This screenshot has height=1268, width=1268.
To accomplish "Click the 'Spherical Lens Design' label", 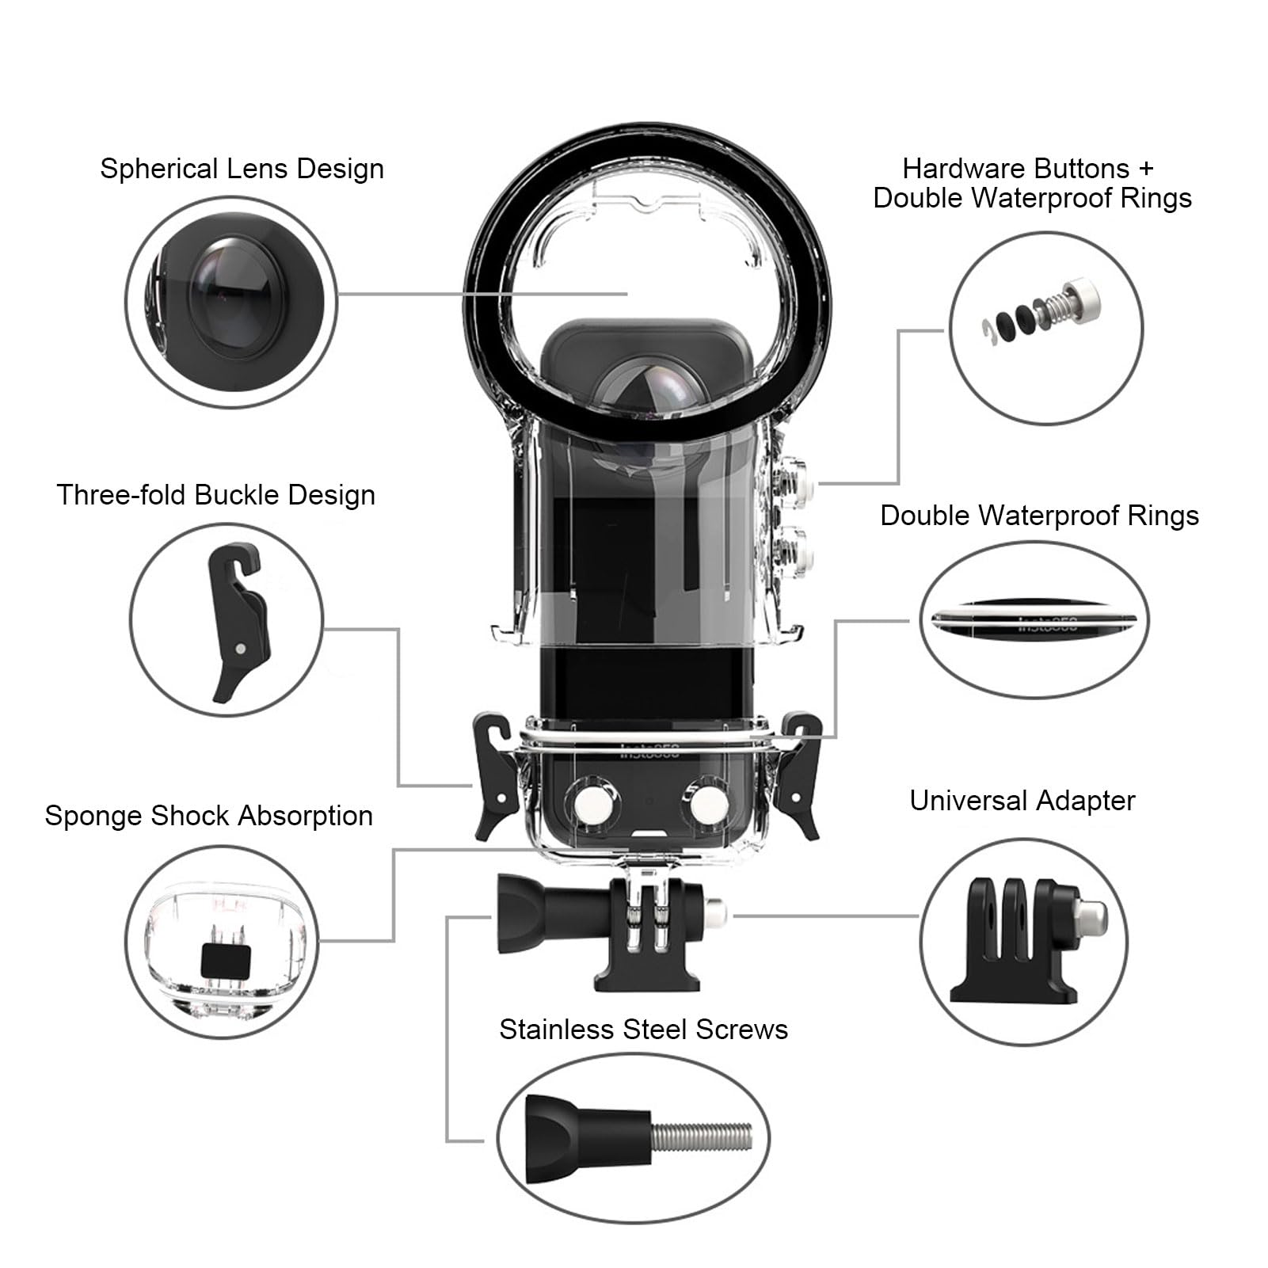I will [242, 169].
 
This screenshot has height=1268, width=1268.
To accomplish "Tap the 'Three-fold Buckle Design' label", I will [215, 495].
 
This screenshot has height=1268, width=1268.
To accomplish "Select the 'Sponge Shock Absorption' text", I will [208, 816].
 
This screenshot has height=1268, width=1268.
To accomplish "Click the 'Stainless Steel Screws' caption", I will [643, 1029].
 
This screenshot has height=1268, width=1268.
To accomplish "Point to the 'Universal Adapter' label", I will [1022, 801].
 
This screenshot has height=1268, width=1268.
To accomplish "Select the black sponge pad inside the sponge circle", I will [226, 961].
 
